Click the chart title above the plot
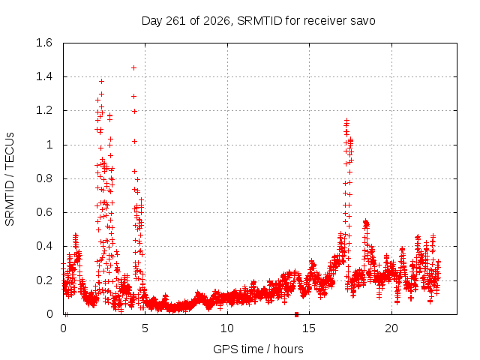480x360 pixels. click(258, 21)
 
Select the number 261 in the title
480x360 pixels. click(175, 21)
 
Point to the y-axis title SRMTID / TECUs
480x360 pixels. click(10, 179)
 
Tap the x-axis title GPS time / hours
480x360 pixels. click(258, 349)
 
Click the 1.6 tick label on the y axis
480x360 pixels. click(44, 43)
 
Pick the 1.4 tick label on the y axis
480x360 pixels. click(44, 76)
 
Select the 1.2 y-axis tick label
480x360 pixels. click(44, 110)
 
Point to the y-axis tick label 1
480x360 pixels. click(49, 145)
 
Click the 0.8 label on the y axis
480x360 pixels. click(44, 178)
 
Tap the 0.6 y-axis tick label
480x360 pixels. click(44, 212)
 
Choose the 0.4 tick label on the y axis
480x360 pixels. click(44, 246)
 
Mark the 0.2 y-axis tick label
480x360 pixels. click(44, 280)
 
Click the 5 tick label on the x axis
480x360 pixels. click(145, 328)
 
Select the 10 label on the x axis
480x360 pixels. click(227, 328)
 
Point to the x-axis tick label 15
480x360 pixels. click(309, 328)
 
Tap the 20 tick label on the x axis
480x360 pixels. click(391, 328)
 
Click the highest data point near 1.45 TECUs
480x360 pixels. click(133, 68)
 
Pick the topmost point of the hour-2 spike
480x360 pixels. click(102, 82)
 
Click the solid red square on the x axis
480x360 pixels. click(296, 314)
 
